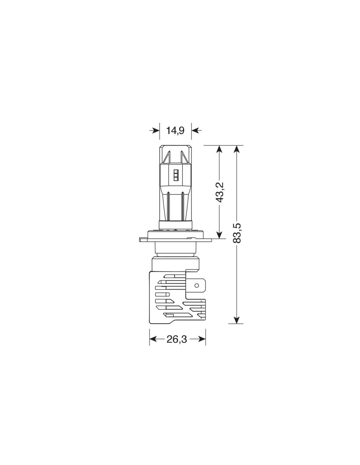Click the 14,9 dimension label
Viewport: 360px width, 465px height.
(175, 130)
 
